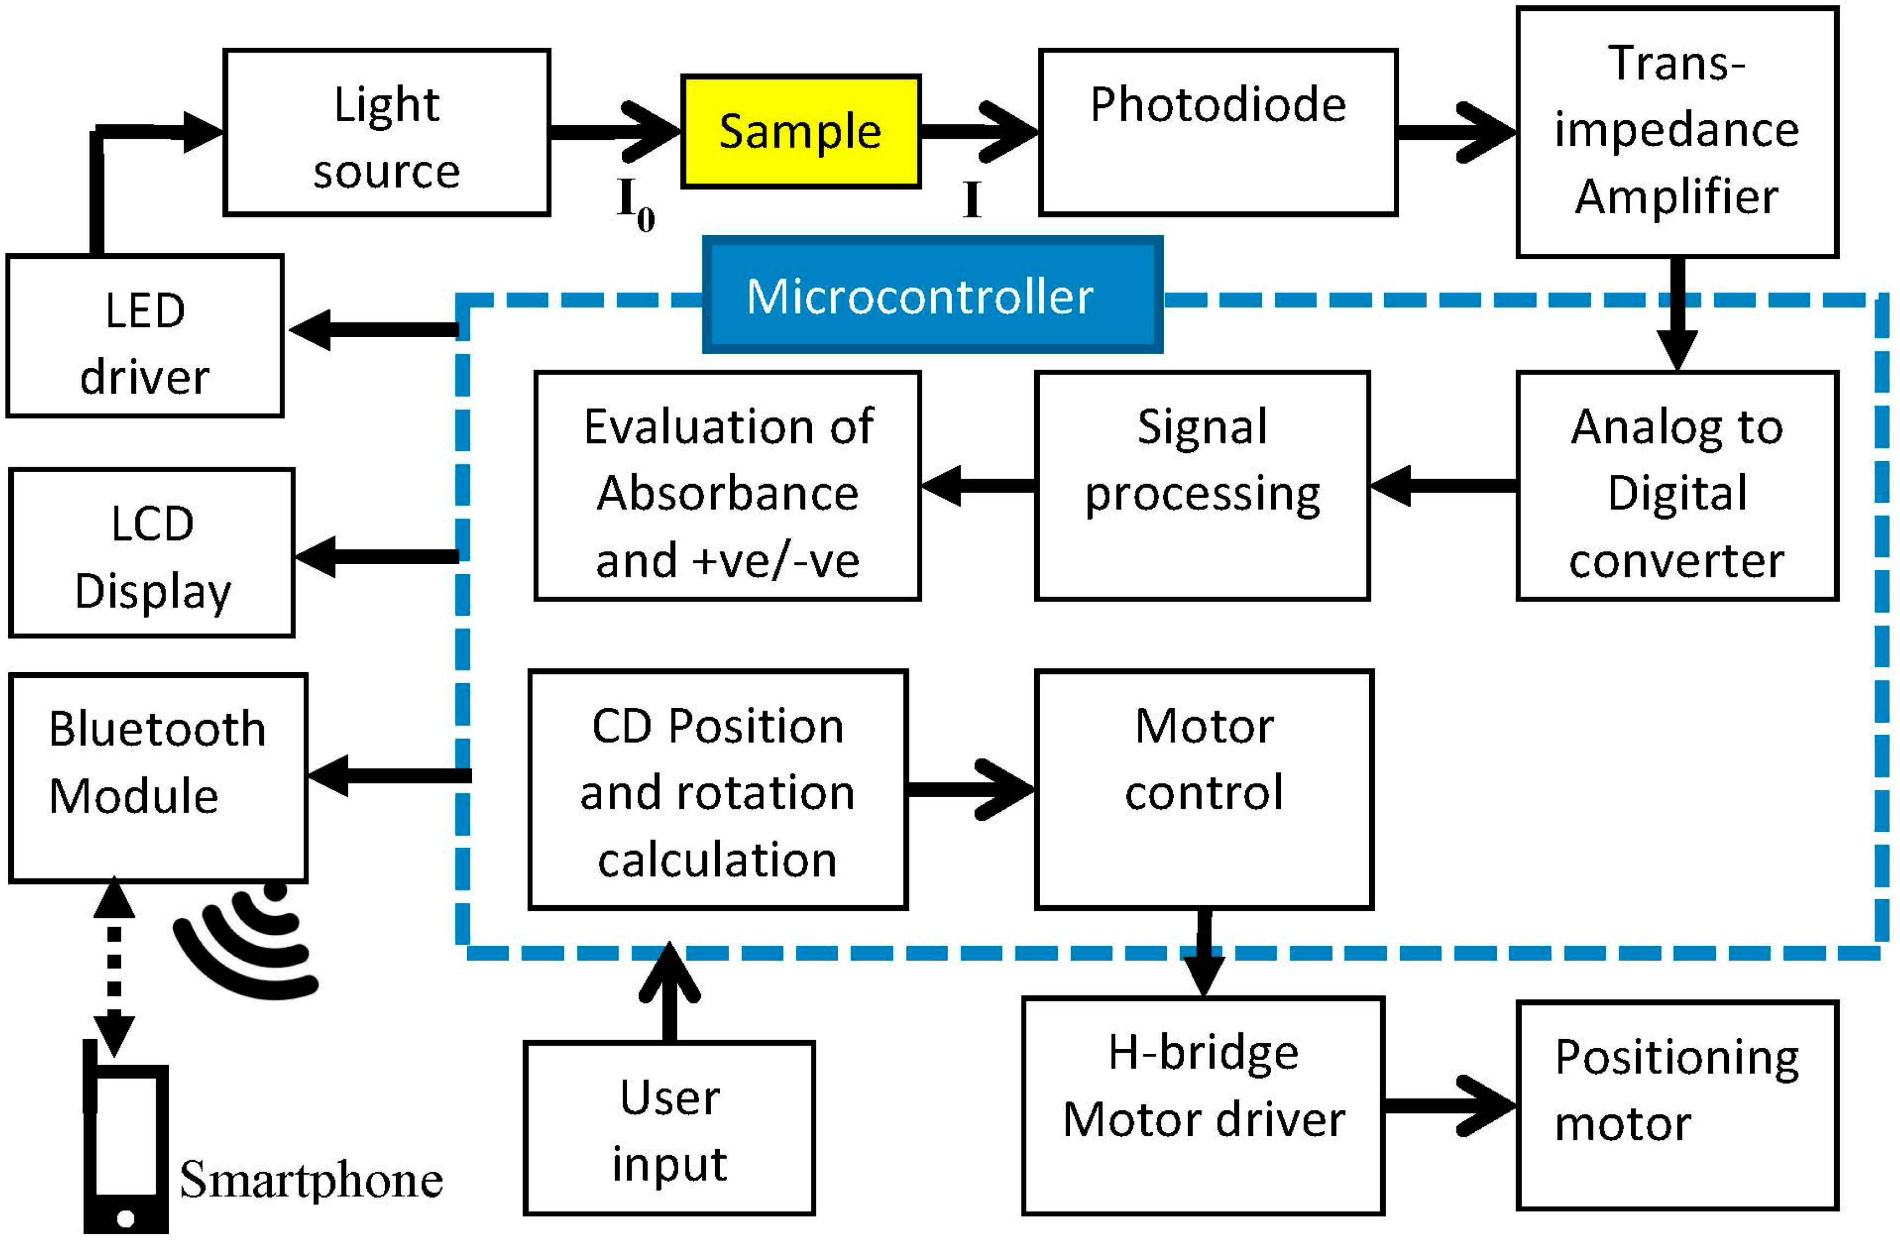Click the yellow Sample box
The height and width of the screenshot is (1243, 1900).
[x=801, y=132]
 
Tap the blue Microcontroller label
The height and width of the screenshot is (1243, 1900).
[x=932, y=296]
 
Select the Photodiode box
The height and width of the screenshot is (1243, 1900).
[x=1217, y=132]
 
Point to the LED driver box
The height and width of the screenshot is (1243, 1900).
[x=145, y=336]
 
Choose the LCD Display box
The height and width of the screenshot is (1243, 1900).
[x=152, y=553]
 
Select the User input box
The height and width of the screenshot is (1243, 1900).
[x=669, y=1128]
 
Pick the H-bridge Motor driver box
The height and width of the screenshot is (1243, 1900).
[x=1203, y=1106]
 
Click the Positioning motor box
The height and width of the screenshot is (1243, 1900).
[x=1676, y=1106]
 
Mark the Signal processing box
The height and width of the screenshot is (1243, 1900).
[x=1201, y=485]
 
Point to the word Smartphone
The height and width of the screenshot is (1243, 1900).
[x=311, y=1180]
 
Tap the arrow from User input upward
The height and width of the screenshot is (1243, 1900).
[x=669, y=994]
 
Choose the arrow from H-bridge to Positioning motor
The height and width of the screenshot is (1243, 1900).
[x=1449, y=1106]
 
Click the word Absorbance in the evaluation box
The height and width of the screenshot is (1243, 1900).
[x=727, y=493]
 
